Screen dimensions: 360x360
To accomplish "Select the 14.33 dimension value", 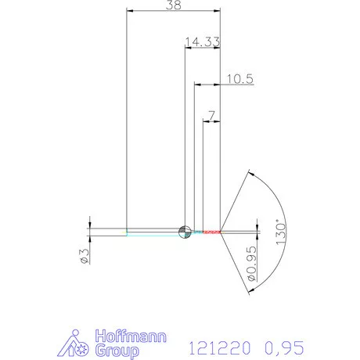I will point(201,41).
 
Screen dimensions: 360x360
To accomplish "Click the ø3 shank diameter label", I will point(84,255).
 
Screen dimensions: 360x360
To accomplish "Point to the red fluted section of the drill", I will point(207,232).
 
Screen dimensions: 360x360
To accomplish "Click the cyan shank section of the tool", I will point(153,232).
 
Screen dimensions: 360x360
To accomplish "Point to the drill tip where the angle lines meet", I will point(221,232).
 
